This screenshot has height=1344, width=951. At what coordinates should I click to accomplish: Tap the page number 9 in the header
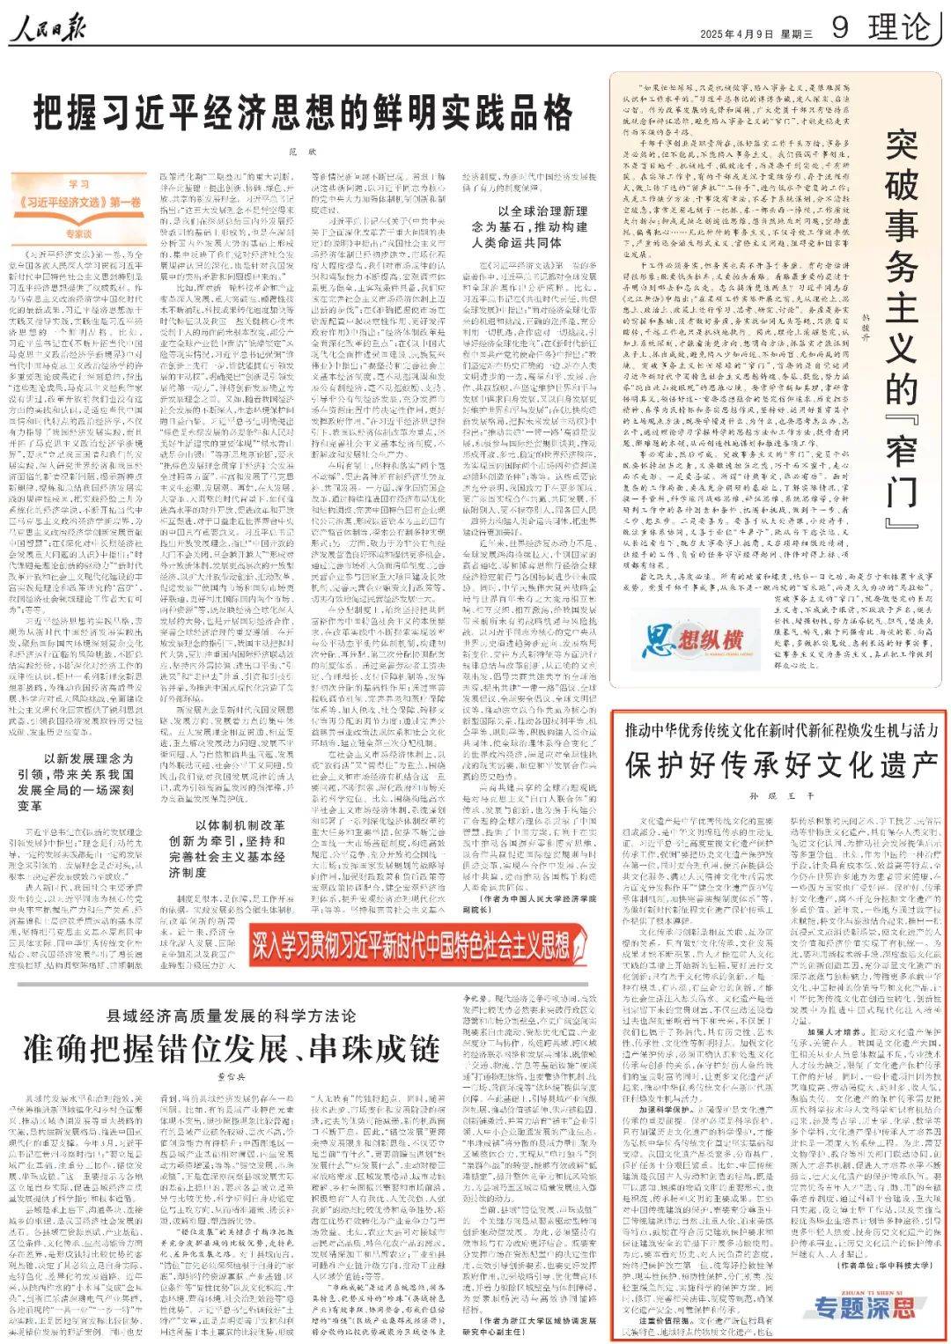840,27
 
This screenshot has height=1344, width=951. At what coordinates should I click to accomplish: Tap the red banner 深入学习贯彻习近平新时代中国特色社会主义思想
411,944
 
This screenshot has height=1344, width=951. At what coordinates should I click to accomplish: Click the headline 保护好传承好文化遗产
781,764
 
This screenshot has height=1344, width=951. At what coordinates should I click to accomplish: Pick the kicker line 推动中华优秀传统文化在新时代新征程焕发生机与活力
781,730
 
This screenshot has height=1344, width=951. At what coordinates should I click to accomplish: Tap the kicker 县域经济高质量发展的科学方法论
232,1014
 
